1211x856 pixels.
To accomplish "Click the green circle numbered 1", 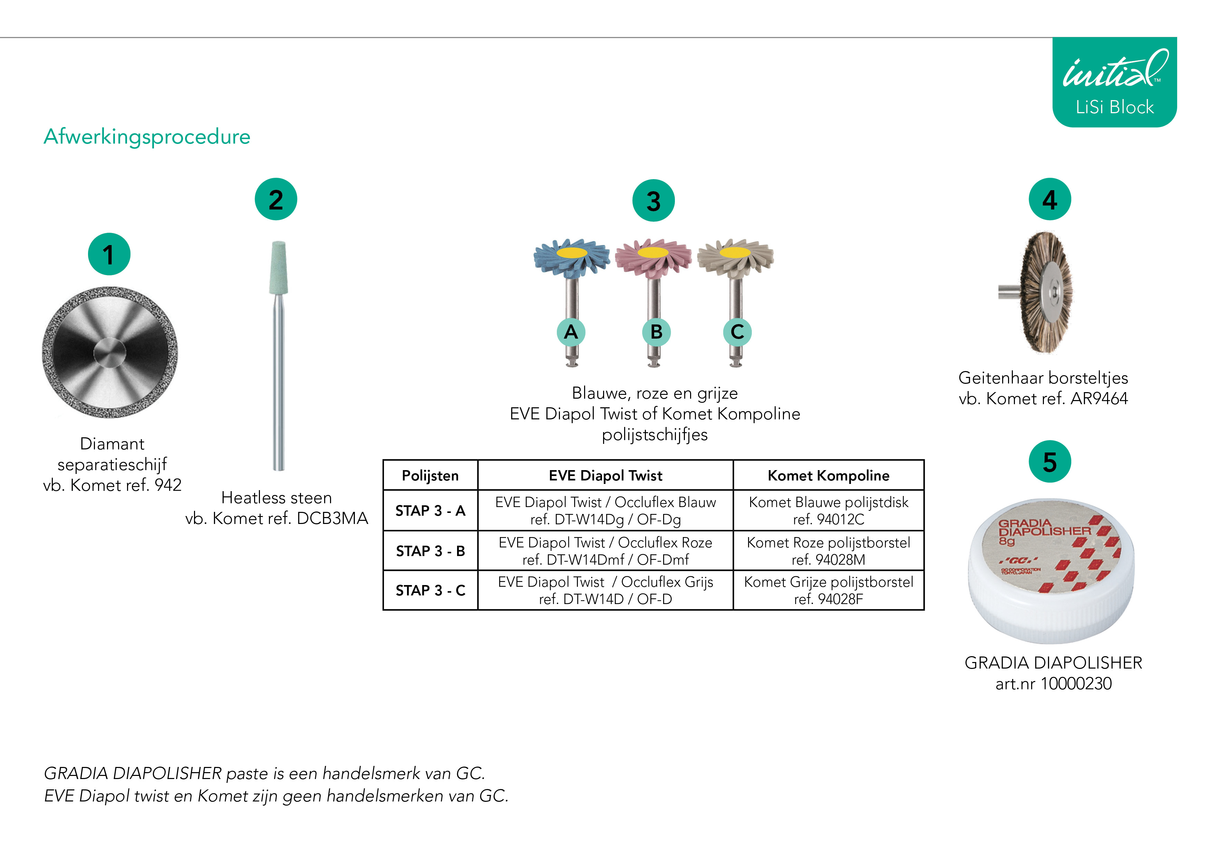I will [109, 254].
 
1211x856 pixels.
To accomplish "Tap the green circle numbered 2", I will [276, 200].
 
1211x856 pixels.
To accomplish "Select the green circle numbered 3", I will [653, 201].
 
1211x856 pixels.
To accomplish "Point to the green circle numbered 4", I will [1049, 200].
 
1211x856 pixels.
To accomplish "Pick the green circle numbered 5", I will [1049, 461].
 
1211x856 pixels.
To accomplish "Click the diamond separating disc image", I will [110, 352].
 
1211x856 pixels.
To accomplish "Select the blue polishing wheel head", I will [572, 257].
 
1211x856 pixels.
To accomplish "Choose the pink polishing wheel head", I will [653, 257].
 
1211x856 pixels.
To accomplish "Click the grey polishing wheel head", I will [735, 257].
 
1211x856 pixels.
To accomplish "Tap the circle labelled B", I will [656, 332].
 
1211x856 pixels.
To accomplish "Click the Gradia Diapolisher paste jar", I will [1051, 571].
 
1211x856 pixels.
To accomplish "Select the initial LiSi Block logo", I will [1114, 82].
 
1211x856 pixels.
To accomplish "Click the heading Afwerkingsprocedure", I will [147, 137].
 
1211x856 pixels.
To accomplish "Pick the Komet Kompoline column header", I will [828, 475].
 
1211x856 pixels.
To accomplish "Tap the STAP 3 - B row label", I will [430, 551].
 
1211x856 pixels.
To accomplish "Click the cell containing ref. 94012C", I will [828, 510].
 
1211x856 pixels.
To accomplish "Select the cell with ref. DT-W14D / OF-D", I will [605, 590].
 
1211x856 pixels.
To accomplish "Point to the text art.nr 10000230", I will [1053, 683].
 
